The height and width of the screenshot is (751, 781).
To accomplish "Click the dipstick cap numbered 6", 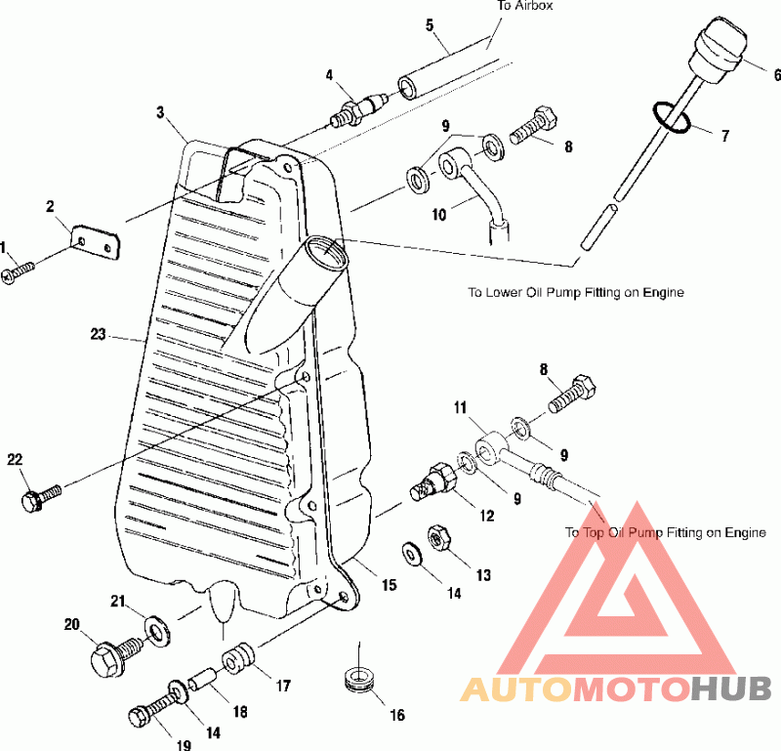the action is (718, 50).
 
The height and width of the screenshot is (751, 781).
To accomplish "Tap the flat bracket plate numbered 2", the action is (96, 243).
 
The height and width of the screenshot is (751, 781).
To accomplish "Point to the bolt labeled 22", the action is (41, 497).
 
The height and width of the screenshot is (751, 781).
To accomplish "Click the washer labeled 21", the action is (157, 632).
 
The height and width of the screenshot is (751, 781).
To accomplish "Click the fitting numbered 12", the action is (432, 480).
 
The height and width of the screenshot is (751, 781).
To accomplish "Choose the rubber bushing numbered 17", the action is (238, 659).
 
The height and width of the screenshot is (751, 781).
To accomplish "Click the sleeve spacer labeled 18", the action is (202, 680).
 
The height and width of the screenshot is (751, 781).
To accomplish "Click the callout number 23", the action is (99, 334).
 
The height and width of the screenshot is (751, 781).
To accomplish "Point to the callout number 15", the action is (389, 585).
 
